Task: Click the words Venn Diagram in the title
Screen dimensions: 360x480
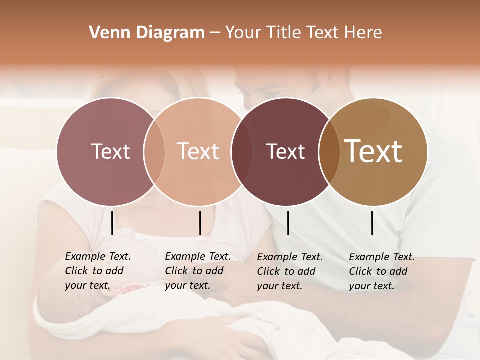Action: point(147,33)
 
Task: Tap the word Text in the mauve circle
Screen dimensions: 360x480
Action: point(110,151)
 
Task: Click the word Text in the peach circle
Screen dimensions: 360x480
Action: point(198,151)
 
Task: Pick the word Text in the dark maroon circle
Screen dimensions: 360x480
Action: point(285,151)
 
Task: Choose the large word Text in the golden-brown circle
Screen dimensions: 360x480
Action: point(373,151)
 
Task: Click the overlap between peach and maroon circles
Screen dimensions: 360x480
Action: point(239,151)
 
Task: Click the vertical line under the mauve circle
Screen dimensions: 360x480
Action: point(112,223)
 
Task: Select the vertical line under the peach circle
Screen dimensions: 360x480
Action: point(200,223)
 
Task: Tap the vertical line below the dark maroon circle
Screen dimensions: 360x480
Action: point(288,223)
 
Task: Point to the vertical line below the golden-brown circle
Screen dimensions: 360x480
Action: point(372,223)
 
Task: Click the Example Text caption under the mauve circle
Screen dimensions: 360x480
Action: point(98,271)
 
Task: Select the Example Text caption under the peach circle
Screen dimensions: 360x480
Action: point(198,271)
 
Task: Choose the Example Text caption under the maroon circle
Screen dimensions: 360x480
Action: point(290,271)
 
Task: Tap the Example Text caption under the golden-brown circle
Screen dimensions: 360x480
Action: point(382,271)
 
